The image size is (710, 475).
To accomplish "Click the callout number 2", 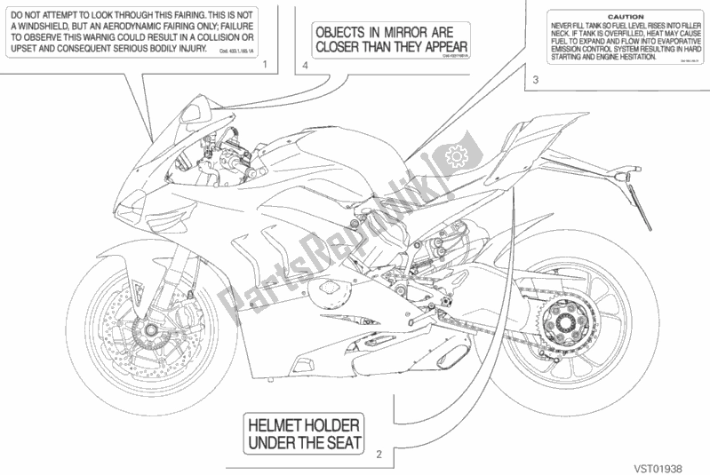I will click(x=379, y=455).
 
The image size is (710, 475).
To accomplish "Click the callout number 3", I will click(x=535, y=81).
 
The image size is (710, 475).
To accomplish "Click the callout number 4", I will click(x=306, y=66).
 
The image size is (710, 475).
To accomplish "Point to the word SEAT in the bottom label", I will click(x=344, y=443).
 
